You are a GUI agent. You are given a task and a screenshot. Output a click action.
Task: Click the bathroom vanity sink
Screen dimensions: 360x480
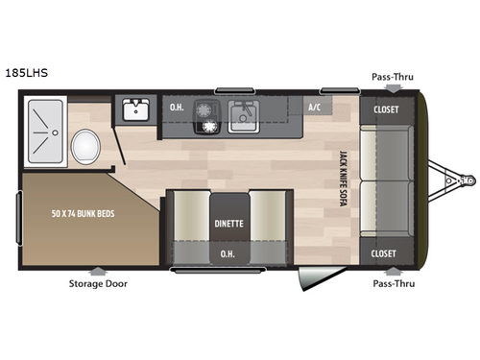pos(135,108)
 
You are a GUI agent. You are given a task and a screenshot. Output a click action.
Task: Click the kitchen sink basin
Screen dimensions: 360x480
pos(245,115)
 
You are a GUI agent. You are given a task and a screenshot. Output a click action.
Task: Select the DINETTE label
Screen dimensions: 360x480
pos(228,224)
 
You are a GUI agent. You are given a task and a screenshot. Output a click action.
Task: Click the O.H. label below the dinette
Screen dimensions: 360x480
pos(228,253)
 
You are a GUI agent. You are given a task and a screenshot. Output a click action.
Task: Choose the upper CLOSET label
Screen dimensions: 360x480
pos(388,108)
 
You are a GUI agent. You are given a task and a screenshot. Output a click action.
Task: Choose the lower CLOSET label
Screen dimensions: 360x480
pos(388,253)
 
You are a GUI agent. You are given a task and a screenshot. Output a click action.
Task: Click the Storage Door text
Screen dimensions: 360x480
pos(97,283)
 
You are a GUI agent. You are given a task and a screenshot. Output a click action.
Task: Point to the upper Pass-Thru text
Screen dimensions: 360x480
pos(394,76)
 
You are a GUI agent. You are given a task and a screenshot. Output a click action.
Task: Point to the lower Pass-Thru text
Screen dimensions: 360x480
pos(394,283)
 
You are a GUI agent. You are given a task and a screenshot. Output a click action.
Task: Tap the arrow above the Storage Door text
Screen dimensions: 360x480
pos(97,270)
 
